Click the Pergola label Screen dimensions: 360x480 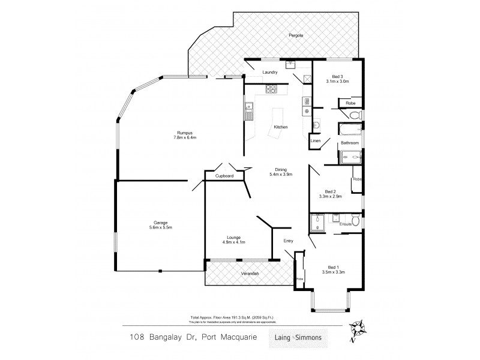click(x=294, y=36)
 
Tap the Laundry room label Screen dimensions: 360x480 click(x=270, y=73)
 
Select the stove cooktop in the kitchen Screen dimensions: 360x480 click(x=271, y=89)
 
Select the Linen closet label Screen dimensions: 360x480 click(x=315, y=141)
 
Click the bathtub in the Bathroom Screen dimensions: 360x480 click(x=349, y=129)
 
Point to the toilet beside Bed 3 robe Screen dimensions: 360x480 click(x=354, y=115)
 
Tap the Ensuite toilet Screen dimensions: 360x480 click(x=356, y=222)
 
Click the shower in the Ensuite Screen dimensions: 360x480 click(x=317, y=224)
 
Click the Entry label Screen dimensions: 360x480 click(x=289, y=241)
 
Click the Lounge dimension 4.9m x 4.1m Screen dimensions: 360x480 click(x=234, y=242)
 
